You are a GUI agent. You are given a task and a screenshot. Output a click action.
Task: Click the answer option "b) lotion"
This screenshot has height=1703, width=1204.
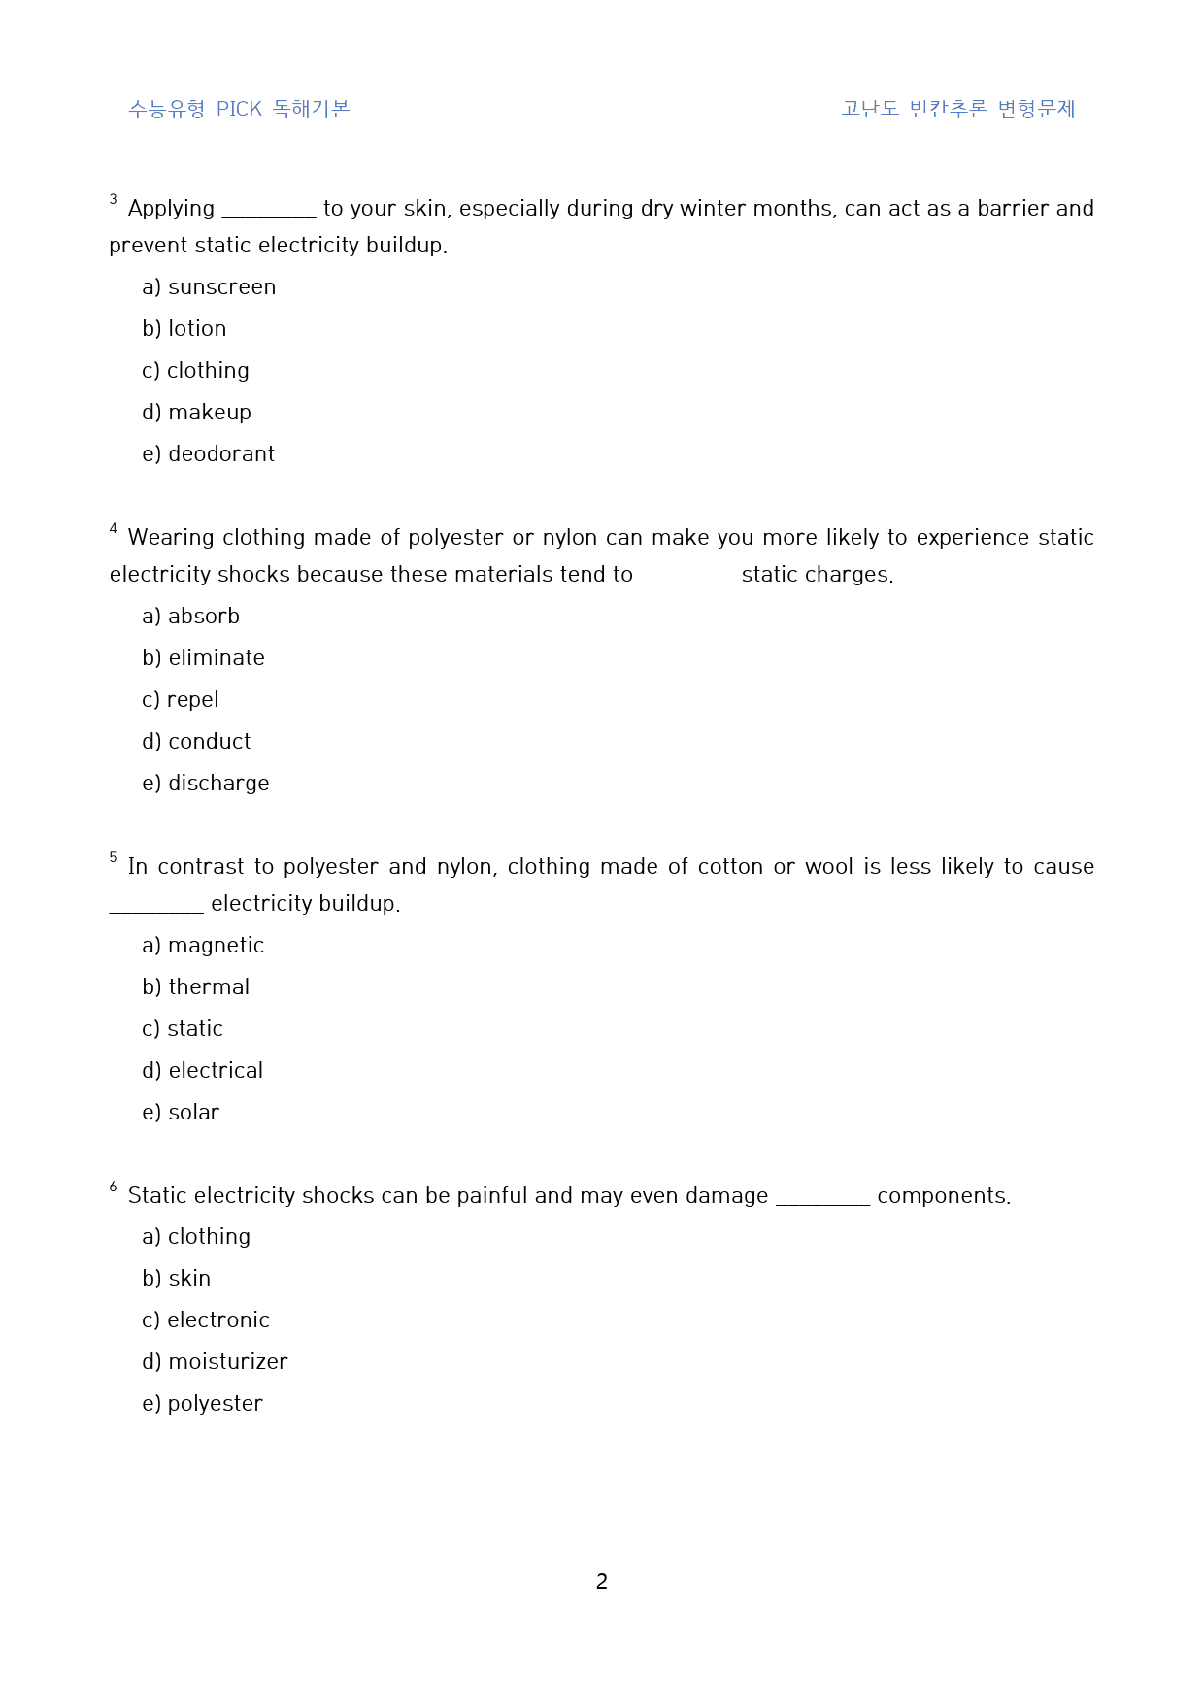pyautogui.click(x=184, y=329)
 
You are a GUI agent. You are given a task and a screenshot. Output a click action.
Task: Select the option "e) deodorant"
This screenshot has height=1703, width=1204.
pyautogui.click(x=208, y=454)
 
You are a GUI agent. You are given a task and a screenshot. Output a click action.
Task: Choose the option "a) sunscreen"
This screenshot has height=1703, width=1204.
pyautogui.click(x=209, y=287)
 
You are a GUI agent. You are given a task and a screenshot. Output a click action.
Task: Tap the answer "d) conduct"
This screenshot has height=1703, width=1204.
pyautogui.click(x=196, y=742)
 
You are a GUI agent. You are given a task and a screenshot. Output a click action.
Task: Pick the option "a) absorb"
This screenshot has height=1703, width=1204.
pyautogui.click(x=190, y=617)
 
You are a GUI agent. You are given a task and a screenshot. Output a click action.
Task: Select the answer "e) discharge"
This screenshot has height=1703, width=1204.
pyautogui.click(x=205, y=784)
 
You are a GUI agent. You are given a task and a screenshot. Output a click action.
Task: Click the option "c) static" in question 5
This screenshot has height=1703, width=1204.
pyautogui.click(x=183, y=1029)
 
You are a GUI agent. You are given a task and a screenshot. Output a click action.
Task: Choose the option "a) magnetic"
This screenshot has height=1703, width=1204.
pyautogui.click(x=202, y=946)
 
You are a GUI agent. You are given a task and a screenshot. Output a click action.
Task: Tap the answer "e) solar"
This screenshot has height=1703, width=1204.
pyautogui.click(x=181, y=1113)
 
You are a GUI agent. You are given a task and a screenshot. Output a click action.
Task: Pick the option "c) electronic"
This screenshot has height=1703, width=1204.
pyautogui.click(x=205, y=1320)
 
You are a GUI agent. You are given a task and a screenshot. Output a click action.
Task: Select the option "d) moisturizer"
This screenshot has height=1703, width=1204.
pyautogui.click(x=215, y=1362)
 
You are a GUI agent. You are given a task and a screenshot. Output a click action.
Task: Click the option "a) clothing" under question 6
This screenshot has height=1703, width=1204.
pyautogui.click(x=196, y=1237)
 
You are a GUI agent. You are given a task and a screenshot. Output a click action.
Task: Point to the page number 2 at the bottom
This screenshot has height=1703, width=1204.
pyautogui.click(x=602, y=1582)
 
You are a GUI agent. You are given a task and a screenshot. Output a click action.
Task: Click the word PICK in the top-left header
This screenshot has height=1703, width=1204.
pyautogui.click(x=239, y=109)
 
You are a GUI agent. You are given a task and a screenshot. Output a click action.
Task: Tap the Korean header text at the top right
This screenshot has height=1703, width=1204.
pyautogui.click(x=957, y=109)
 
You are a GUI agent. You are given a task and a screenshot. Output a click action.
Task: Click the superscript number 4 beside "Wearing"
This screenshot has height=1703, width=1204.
pyautogui.click(x=114, y=529)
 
